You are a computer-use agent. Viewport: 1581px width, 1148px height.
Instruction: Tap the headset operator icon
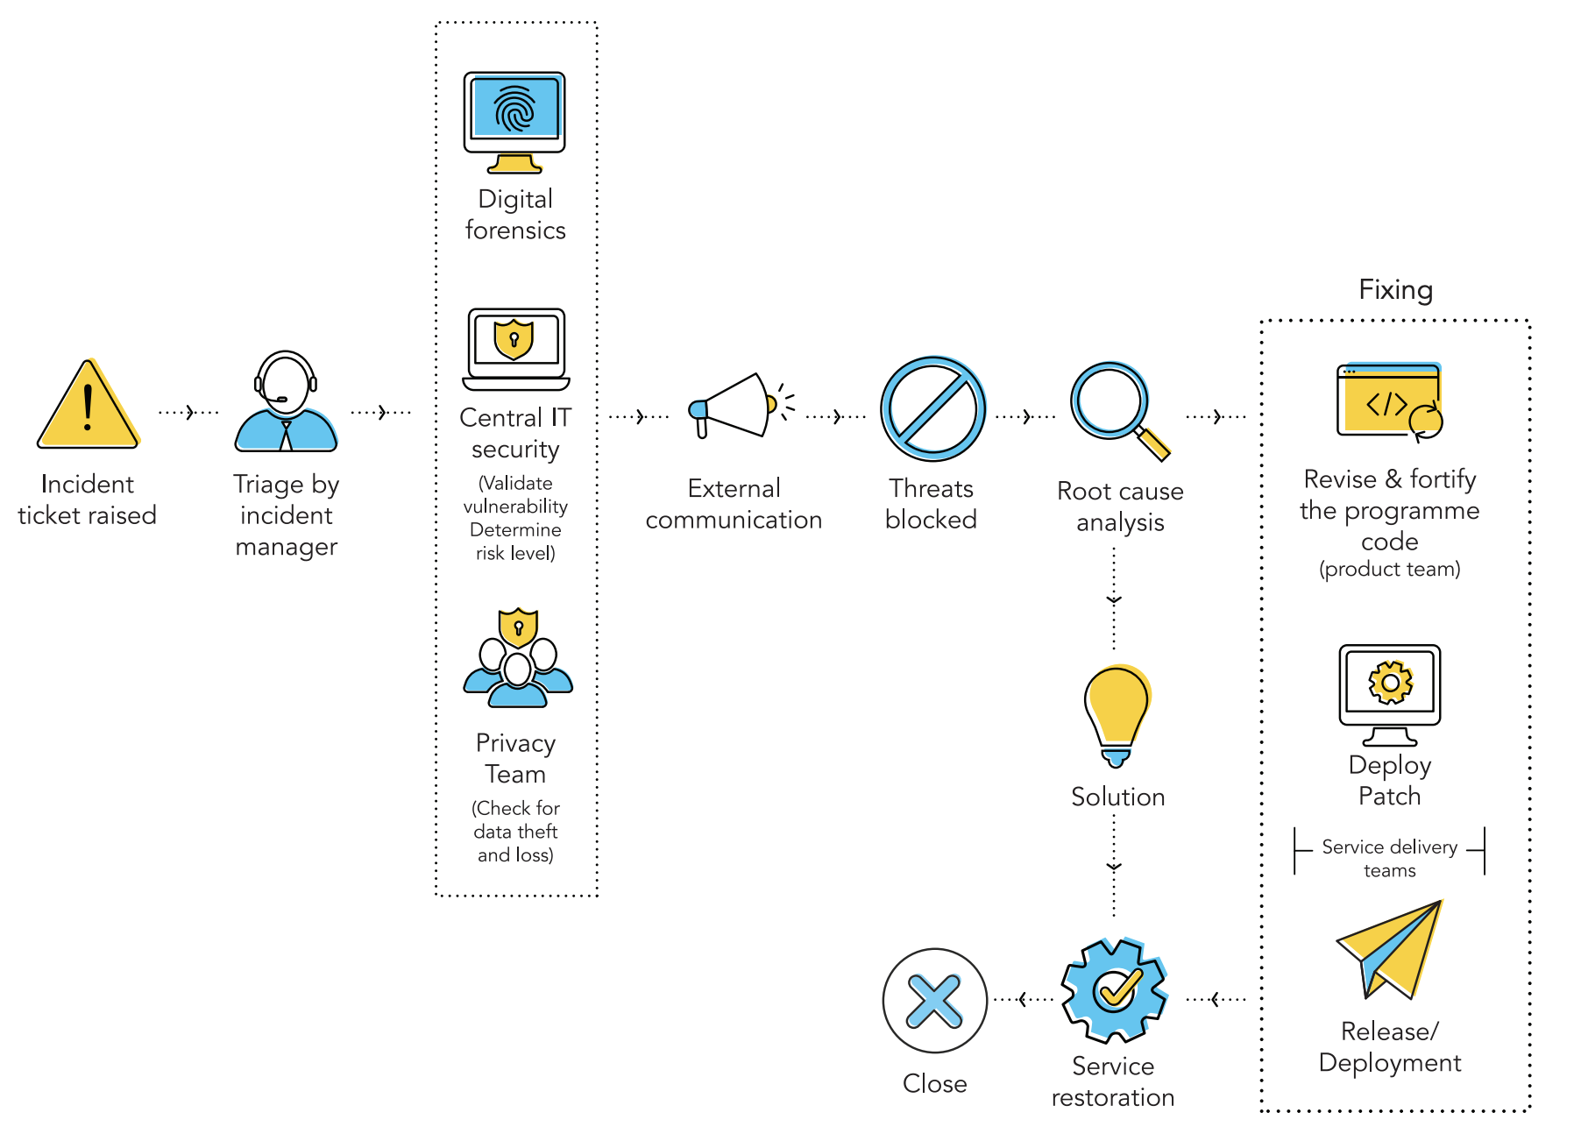click(286, 403)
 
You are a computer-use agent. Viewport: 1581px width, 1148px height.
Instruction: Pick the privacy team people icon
click(518, 660)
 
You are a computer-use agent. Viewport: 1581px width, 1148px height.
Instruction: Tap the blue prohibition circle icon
click(932, 409)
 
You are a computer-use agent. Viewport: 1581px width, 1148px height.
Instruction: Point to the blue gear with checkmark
click(1114, 990)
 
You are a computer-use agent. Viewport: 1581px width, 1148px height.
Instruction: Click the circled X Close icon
click(934, 1001)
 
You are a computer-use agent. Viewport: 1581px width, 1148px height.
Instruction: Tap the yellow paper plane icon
click(1391, 951)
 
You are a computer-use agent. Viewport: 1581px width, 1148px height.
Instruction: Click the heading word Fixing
click(1395, 290)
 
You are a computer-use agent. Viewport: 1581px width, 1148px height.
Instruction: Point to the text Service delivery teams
click(1389, 858)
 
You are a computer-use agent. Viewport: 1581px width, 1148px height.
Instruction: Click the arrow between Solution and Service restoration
click(1114, 867)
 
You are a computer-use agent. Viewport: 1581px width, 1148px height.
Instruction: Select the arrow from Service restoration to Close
click(1023, 999)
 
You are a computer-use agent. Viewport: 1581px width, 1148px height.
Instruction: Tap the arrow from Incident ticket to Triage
click(188, 412)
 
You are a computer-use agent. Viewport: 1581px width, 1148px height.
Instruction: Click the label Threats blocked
click(931, 504)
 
